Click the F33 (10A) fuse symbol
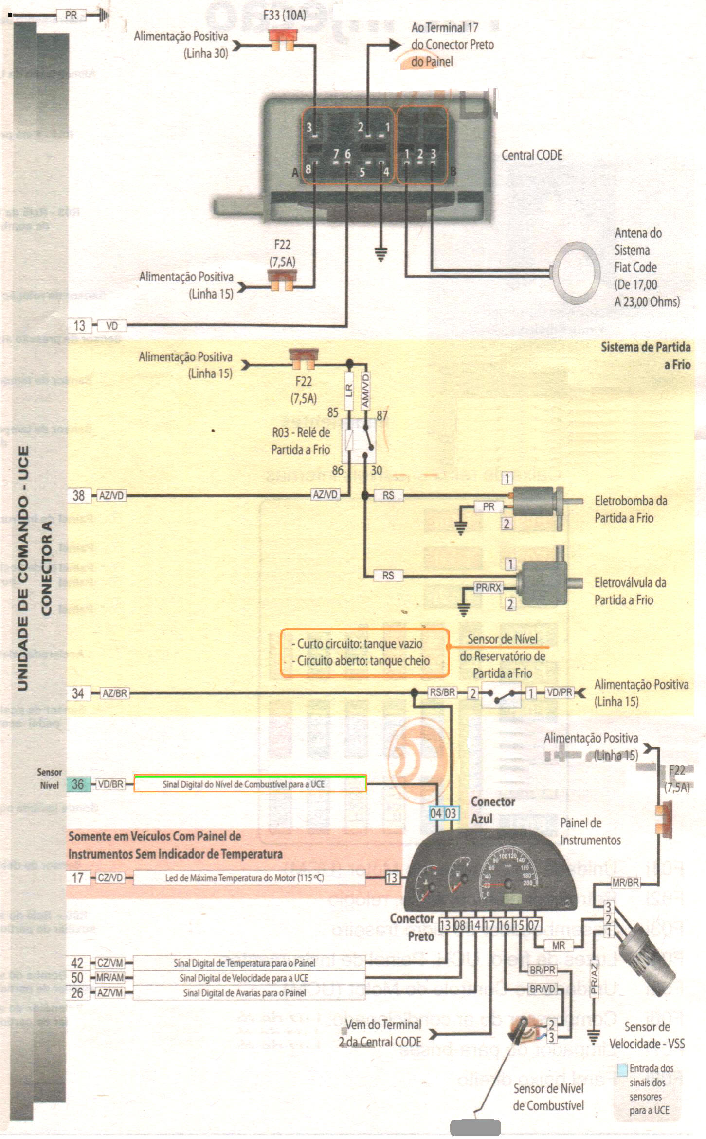(x=282, y=39)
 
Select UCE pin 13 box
(x=79, y=325)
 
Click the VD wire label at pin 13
(x=112, y=326)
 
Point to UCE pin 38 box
(x=79, y=496)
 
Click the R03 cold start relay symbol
(x=359, y=440)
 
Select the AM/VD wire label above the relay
(x=366, y=390)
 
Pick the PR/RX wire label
(x=489, y=588)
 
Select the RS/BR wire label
(x=442, y=692)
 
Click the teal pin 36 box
(x=78, y=784)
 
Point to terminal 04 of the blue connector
(x=436, y=813)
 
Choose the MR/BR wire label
(x=626, y=882)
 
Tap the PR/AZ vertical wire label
(x=594, y=979)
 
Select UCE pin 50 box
(x=77, y=978)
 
